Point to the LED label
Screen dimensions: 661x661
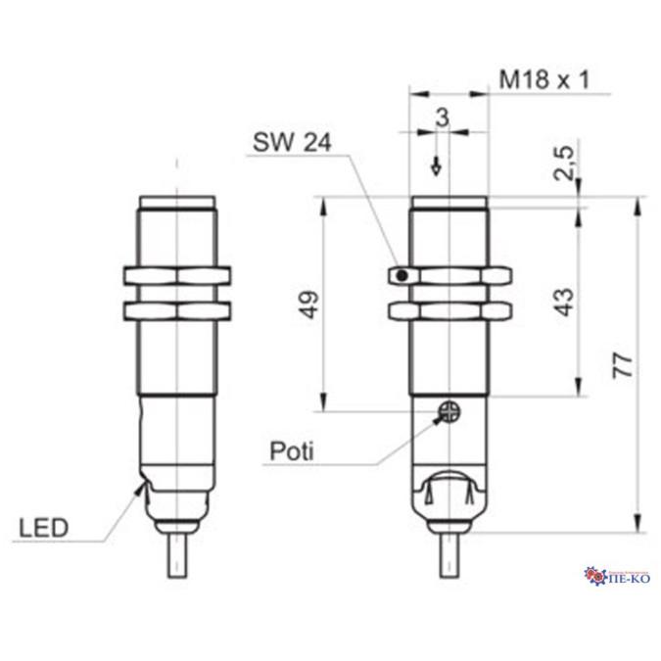pyautogui.click(x=43, y=529)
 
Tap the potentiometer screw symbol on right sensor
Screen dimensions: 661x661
pyautogui.click(x=449, y=412)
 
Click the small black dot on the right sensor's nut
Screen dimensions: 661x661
pyautogui.click(x=401, y=276)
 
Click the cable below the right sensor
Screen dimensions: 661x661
pyautogui.click(x=449, y=557)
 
